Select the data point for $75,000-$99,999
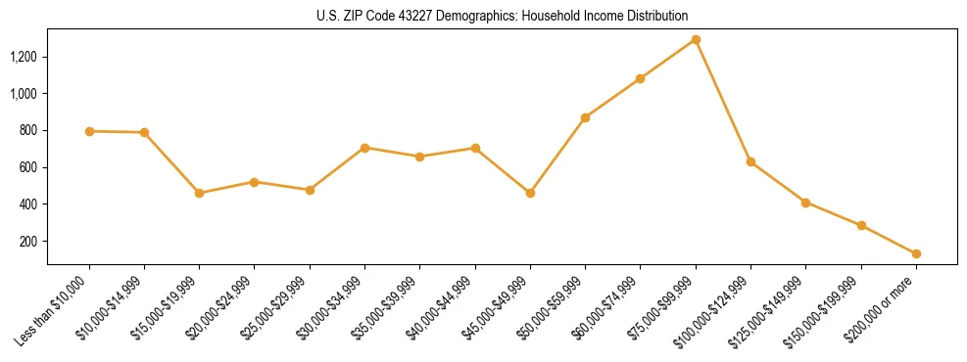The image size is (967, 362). (696, 40)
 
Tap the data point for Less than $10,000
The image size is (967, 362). (89, 131)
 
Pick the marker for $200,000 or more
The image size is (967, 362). (916, 253)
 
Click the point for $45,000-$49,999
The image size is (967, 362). (530, 193)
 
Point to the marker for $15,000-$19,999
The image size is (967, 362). (200, 193)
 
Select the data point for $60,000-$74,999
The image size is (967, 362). (641, 78)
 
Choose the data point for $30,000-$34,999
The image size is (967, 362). (364, 148)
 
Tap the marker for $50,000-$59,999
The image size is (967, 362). (585, 117)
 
